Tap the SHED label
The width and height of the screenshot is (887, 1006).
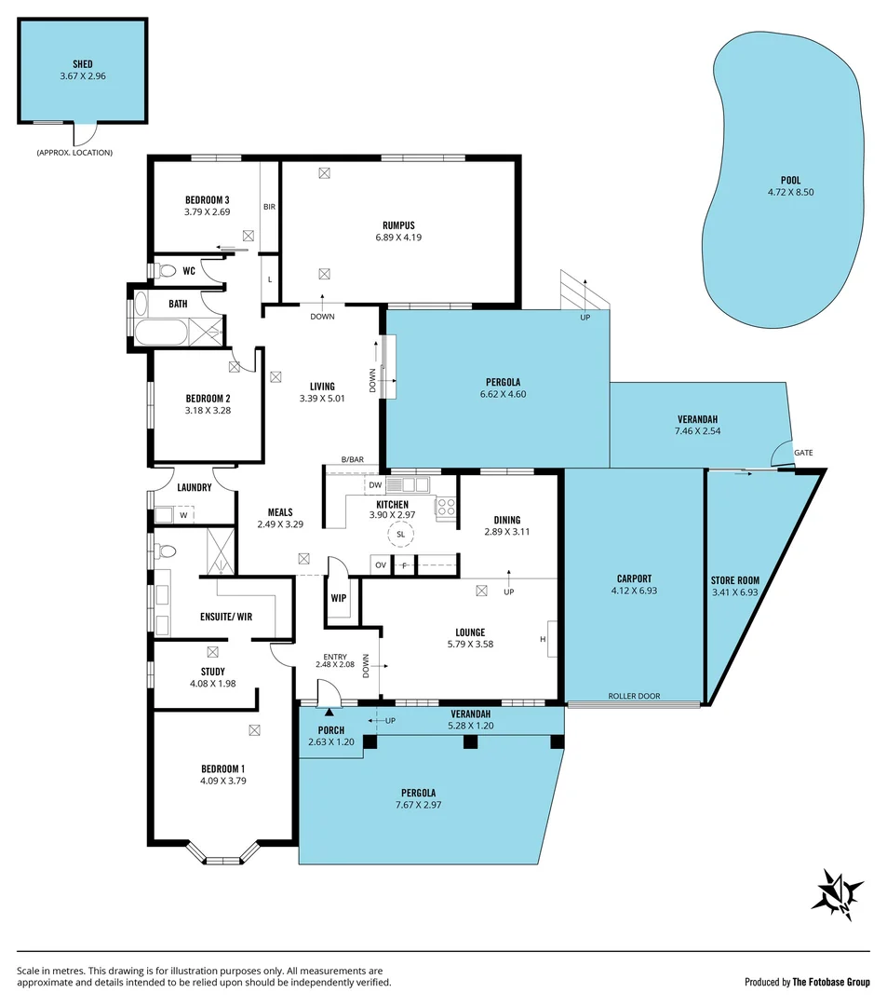83,64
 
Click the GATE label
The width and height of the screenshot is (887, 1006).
802,453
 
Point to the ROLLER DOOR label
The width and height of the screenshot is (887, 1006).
634,696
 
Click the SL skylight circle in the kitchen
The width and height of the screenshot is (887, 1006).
400,534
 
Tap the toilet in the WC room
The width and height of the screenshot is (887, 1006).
167,271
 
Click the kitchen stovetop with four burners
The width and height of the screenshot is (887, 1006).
446,508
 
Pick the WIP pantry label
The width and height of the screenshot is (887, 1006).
338,596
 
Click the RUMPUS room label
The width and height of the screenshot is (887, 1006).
397,224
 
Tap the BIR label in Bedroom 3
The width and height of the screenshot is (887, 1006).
269,207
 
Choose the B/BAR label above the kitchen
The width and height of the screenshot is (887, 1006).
353,459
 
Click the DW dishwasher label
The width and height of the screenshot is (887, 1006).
374,485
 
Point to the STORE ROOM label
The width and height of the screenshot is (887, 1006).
734,580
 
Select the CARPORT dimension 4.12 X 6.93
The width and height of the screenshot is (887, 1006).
635,590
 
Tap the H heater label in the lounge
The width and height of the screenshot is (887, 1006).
541,639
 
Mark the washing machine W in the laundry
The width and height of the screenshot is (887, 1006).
182,513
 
